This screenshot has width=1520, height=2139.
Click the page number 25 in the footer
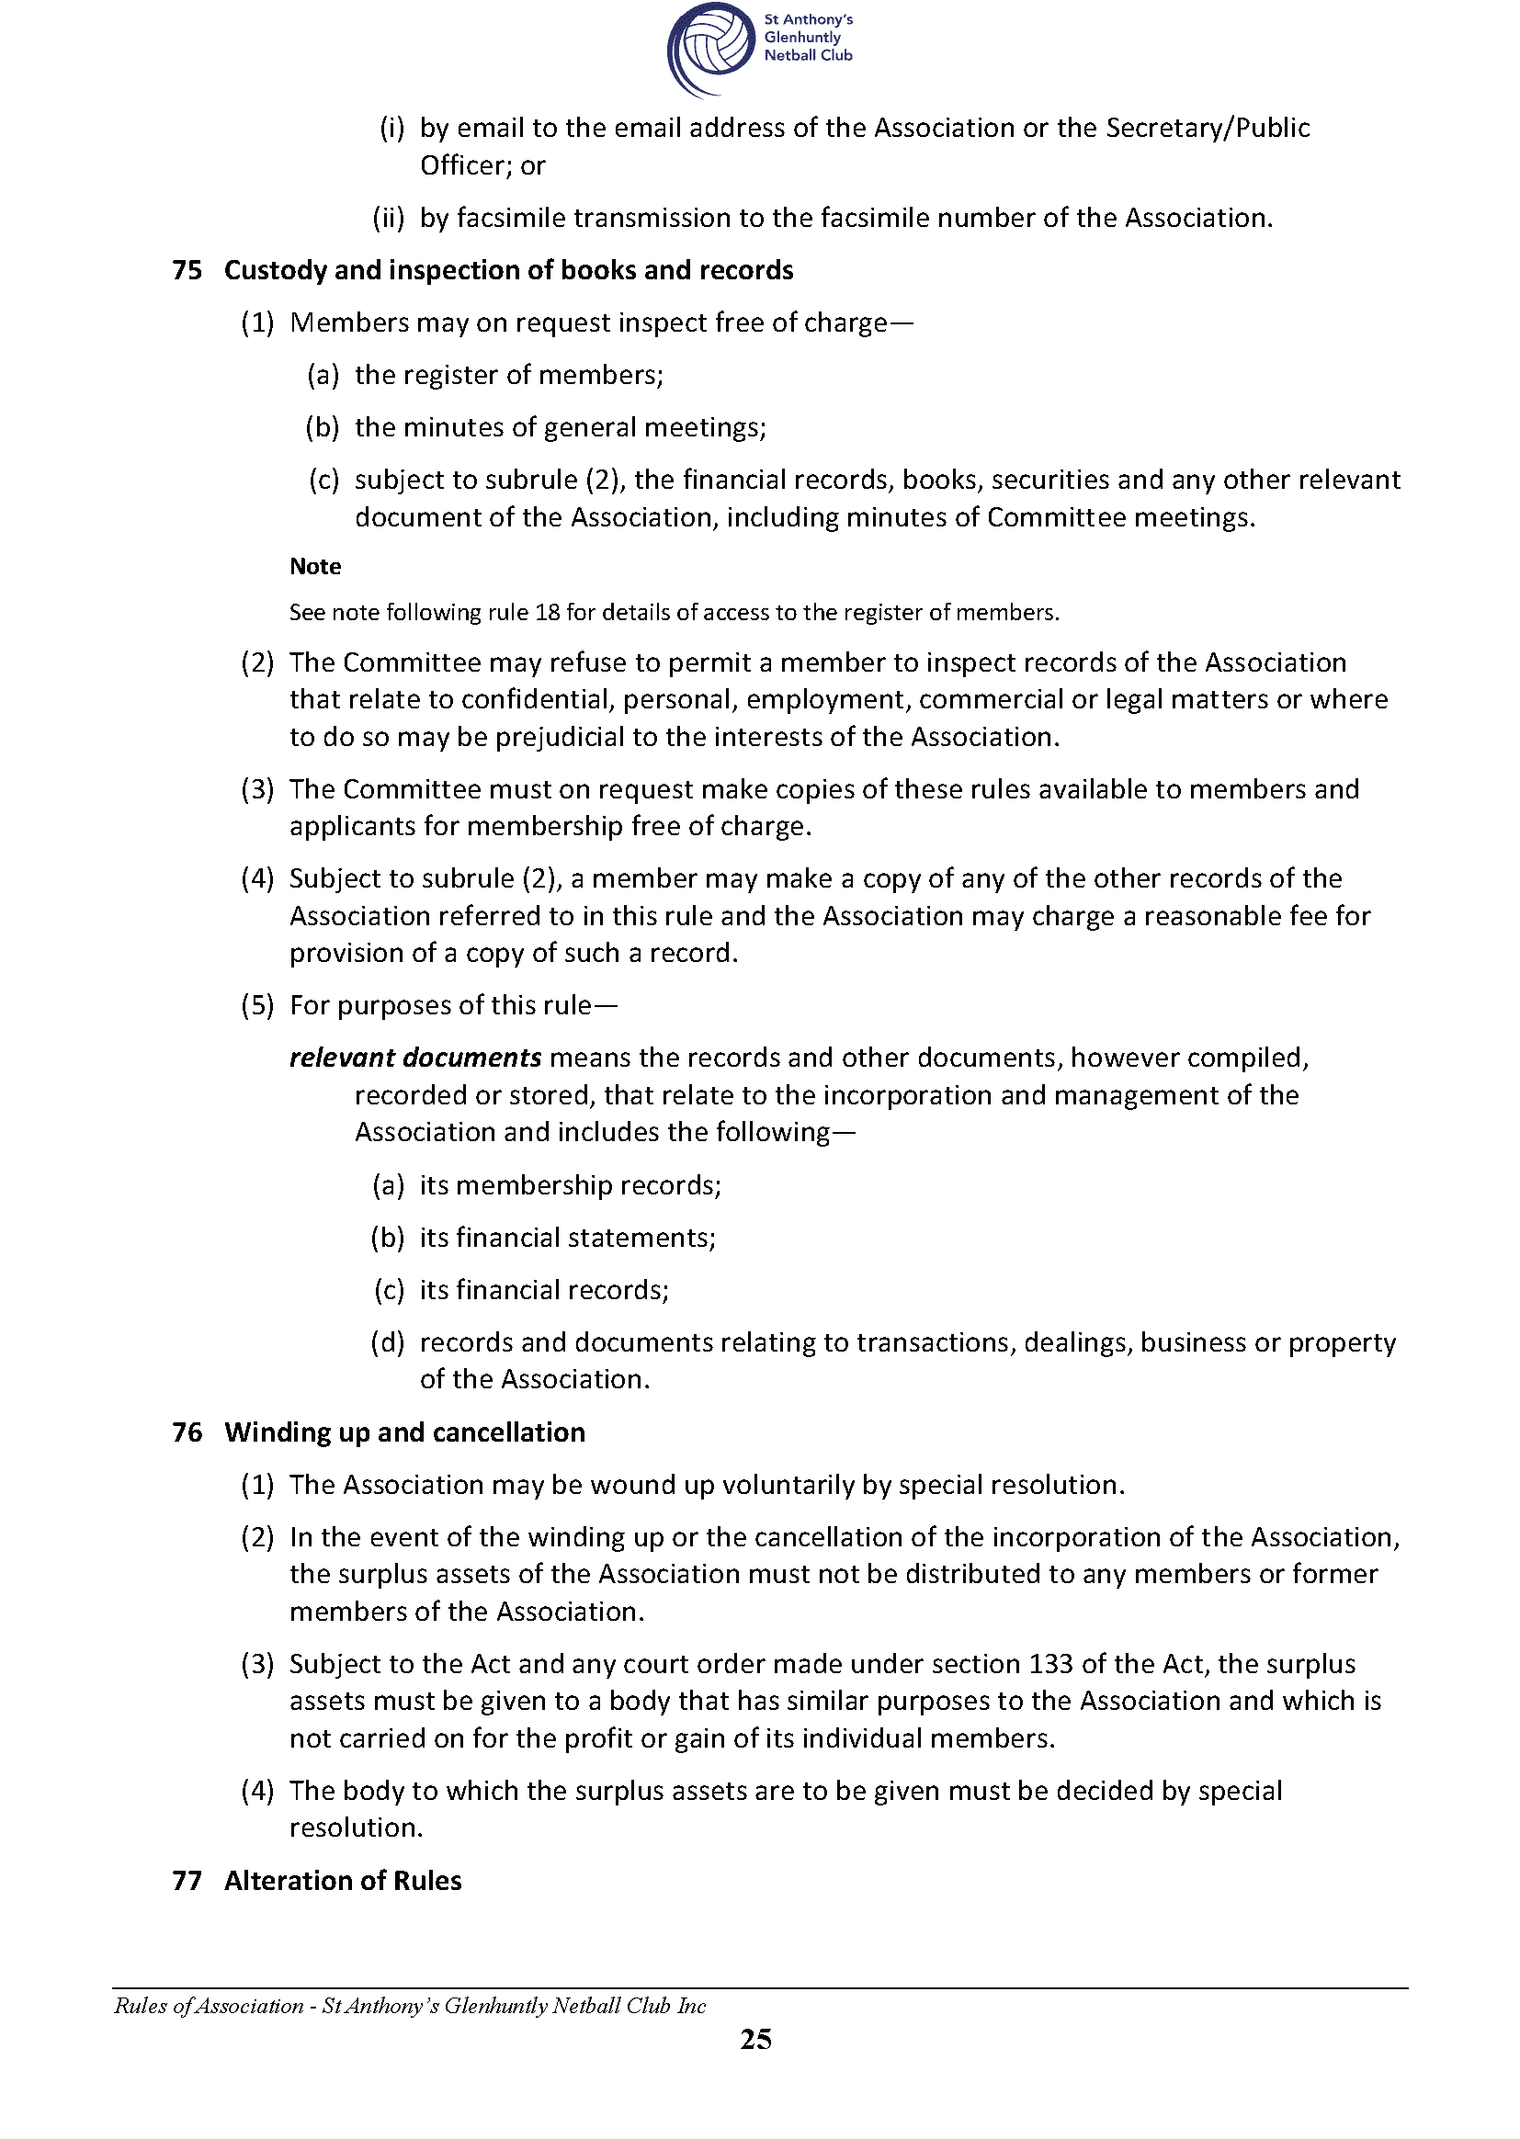tap(755, 2039)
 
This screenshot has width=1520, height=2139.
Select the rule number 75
tap(187, 270)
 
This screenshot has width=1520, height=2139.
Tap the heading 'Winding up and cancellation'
tap(404, 1432)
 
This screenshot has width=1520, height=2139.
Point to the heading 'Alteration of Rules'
tap(343, 1881)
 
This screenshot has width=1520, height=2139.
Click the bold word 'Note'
tap(314, 566)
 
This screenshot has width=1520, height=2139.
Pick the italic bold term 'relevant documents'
tap(414, 1058)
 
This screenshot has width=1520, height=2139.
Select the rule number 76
tap(187, 1432)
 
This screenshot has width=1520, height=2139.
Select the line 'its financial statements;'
tap(567, 1238)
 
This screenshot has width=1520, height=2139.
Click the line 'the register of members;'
tap(508, 375)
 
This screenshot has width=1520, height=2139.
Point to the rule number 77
tap(187, 1881)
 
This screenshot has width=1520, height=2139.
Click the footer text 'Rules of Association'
tap(209, 2005)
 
